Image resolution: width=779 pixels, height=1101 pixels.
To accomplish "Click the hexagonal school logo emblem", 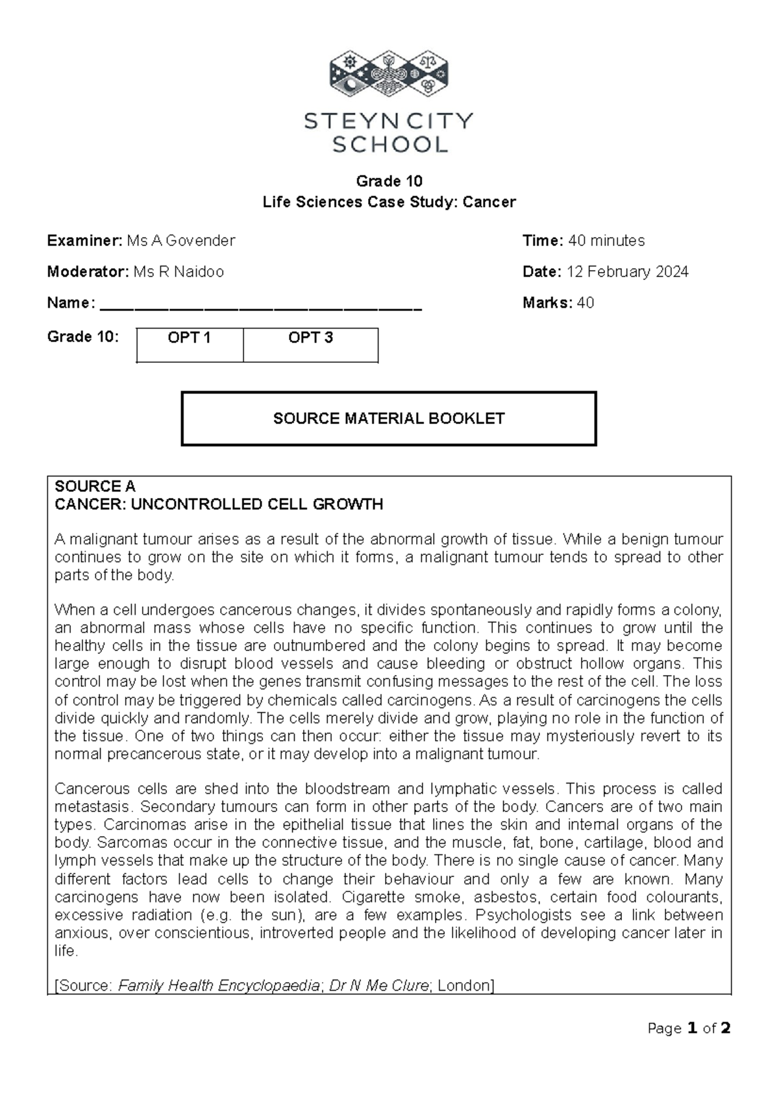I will pos(388,77).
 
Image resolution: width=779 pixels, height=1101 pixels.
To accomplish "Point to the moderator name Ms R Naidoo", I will pos(179,272).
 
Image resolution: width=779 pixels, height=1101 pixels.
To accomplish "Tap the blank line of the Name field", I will pos(260,305).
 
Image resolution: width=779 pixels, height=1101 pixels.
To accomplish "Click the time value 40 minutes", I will pos(606,241).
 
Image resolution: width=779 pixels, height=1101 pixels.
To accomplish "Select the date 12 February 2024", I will pos(627,272).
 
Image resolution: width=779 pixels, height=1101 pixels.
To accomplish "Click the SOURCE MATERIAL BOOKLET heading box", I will pos(388,419).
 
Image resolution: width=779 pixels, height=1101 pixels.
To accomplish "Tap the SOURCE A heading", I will pos(95,487).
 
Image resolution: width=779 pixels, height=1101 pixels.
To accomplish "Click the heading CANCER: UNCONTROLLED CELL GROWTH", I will pos(219,504).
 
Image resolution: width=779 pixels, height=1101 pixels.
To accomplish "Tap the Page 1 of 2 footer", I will pos(689,1028).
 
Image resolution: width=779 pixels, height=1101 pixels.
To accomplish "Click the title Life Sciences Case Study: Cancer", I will pos(389,203).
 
